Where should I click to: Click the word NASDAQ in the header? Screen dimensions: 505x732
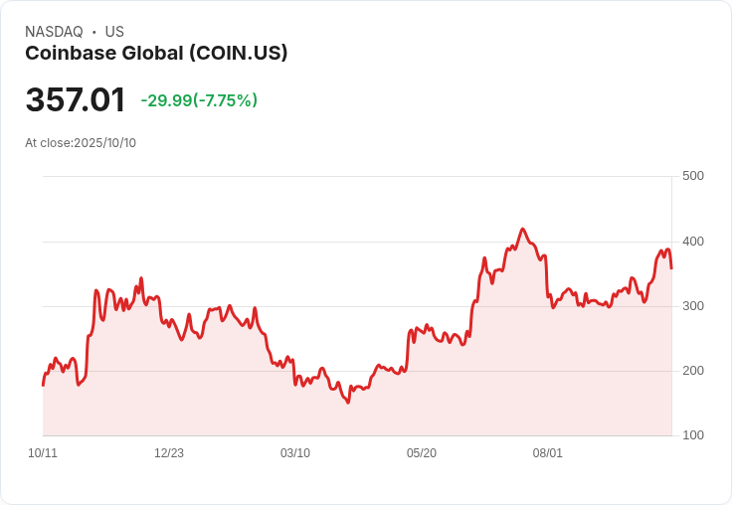(x=54, y=32)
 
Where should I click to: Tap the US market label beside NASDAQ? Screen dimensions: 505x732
(x=114, y=32)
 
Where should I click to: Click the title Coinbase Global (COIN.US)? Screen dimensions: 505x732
(x=156, y=54)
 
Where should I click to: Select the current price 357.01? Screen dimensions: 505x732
(x=76, y=100)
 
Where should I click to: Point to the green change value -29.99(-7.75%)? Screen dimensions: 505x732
(x=199, y=100)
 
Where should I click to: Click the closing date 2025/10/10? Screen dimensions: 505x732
(x=104, y=143)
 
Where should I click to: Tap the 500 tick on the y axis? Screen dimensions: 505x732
(x=692, y=176)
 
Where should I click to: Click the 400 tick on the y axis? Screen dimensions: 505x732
(x=692, y=242)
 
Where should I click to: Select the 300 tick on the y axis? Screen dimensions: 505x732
(x=692, y=306)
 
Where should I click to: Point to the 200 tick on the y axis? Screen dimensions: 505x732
(x=692, y=371)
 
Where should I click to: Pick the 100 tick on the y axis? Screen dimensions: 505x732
(x=692, y=435)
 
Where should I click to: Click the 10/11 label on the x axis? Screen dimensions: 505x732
(x=43, y=453)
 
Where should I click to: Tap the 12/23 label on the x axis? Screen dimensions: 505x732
(x=169, y=453)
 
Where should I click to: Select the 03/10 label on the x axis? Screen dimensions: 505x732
(x=295, y=453)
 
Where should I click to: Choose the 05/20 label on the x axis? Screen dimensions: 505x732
(x=422, y=453)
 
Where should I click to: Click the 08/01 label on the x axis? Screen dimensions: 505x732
(x=548, y=453)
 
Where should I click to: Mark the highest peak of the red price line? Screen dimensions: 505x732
(x=523, y=229)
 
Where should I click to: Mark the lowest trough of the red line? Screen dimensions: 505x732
(x=348, y=403)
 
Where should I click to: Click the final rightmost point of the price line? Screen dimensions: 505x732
(x=671, y=268)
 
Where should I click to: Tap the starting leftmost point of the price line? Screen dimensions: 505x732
(x=43, y=385)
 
